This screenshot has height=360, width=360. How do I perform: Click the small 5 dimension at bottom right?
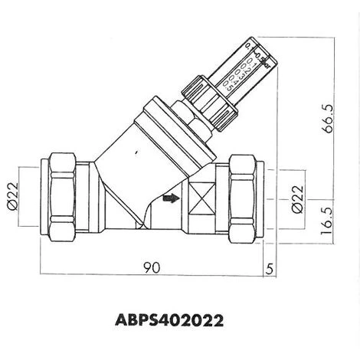pos(270,269)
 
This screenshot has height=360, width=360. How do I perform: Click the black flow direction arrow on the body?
pos(169,199)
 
